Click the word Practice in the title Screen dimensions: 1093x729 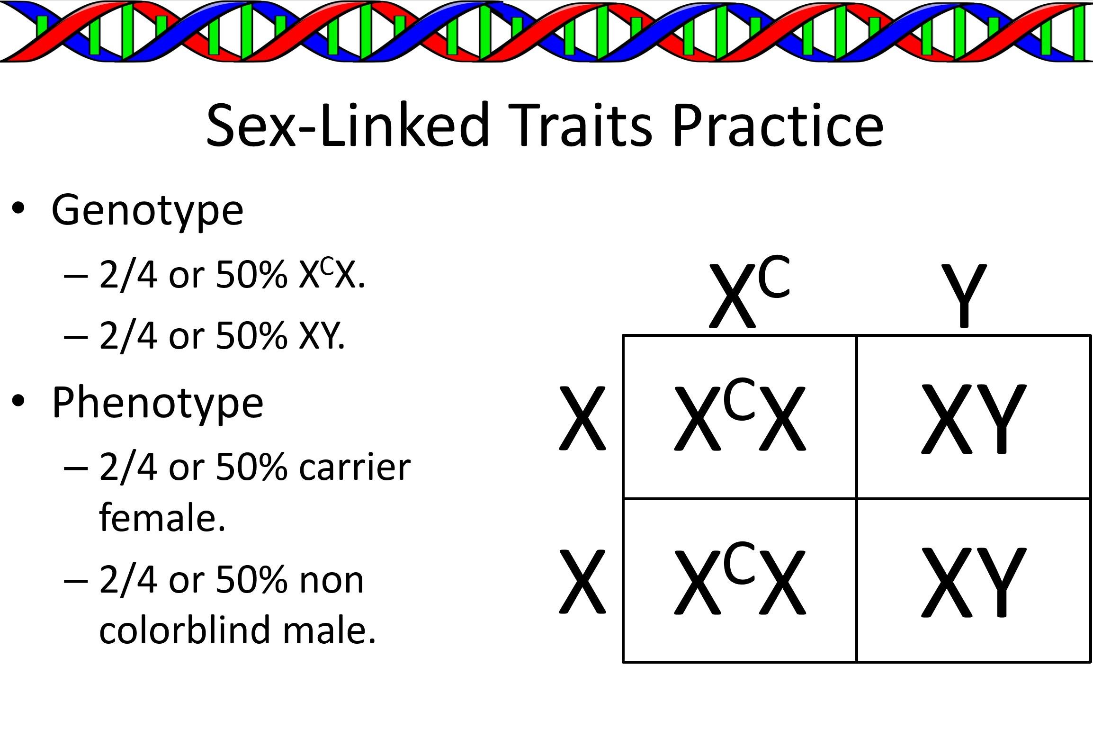(778, 125)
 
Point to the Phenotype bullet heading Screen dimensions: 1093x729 (157, 404)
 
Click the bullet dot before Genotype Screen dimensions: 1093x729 (18, 208)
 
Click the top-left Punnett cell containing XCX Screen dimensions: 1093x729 (740, 417)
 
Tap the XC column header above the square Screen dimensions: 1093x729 (750, 292)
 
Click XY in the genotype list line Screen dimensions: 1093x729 (322, 336)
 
